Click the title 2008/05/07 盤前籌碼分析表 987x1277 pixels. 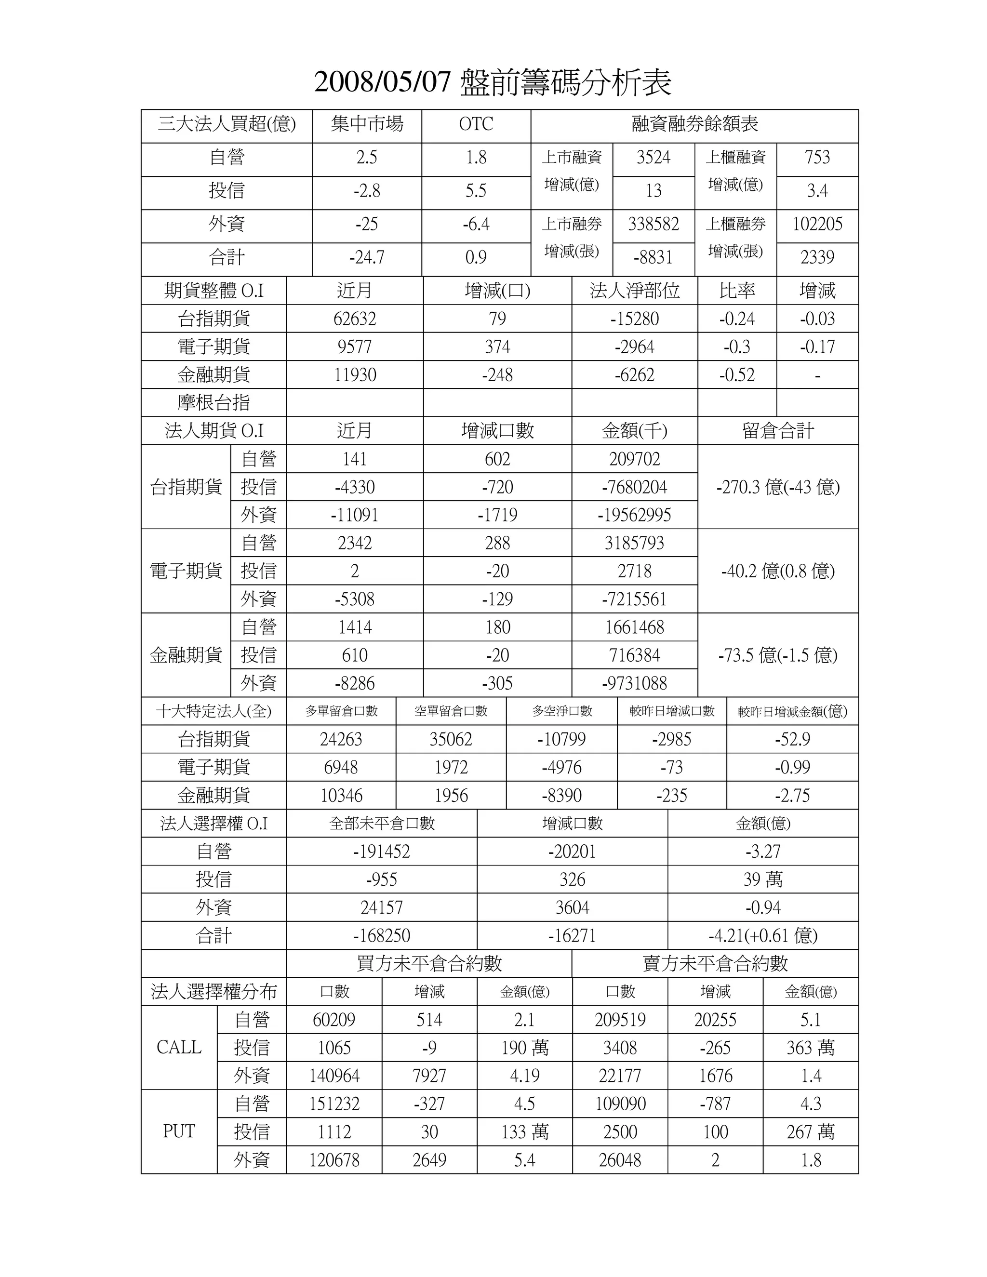[x=493, y=82]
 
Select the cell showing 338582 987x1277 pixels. [x=653, y=225]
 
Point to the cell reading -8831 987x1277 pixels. [x=653, y=258]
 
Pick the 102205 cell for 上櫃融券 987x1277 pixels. [x=817, y=225]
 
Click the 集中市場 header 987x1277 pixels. [x=367, y=124]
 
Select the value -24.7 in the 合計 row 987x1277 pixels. [x=367, y=258]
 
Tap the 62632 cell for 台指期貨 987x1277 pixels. [x=354, y=319]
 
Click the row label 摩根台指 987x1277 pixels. [x=213, y=403]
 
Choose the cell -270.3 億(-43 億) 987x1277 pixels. [x=778, y=487]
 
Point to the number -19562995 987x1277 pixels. [x=634, y=515]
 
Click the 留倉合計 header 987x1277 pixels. [x=778, y=431]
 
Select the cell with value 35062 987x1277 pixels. [x=450, y=740]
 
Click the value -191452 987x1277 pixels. [x=381, y=852]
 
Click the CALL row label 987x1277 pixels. [x=179, y=1047]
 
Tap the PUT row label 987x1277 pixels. [x=179, y=1131]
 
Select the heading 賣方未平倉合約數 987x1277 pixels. [x=715, y=964]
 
